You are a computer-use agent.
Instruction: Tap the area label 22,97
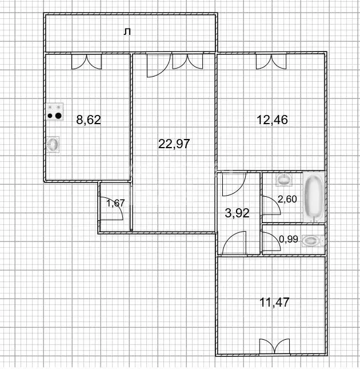[174, 144]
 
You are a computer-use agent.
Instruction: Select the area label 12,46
[272, 120]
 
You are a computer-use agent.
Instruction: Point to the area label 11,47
[273, 302]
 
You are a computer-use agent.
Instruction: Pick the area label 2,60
[287, 199]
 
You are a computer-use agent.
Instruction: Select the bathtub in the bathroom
[313, 197]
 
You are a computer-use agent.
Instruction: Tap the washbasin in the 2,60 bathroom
[284, 180]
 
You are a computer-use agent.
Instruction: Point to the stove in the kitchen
[54, 112]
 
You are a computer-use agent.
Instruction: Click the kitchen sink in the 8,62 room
[53, 145]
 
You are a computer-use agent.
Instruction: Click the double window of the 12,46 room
[271, 61]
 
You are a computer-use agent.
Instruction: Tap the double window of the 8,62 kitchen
[87, 61]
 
